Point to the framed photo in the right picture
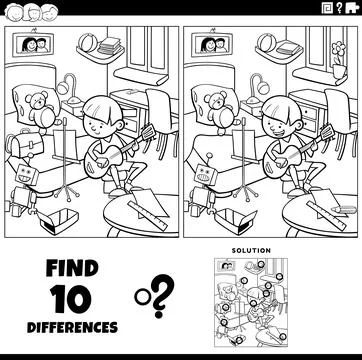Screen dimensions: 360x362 click(212, 44)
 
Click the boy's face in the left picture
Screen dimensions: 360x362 click(98, 121)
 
